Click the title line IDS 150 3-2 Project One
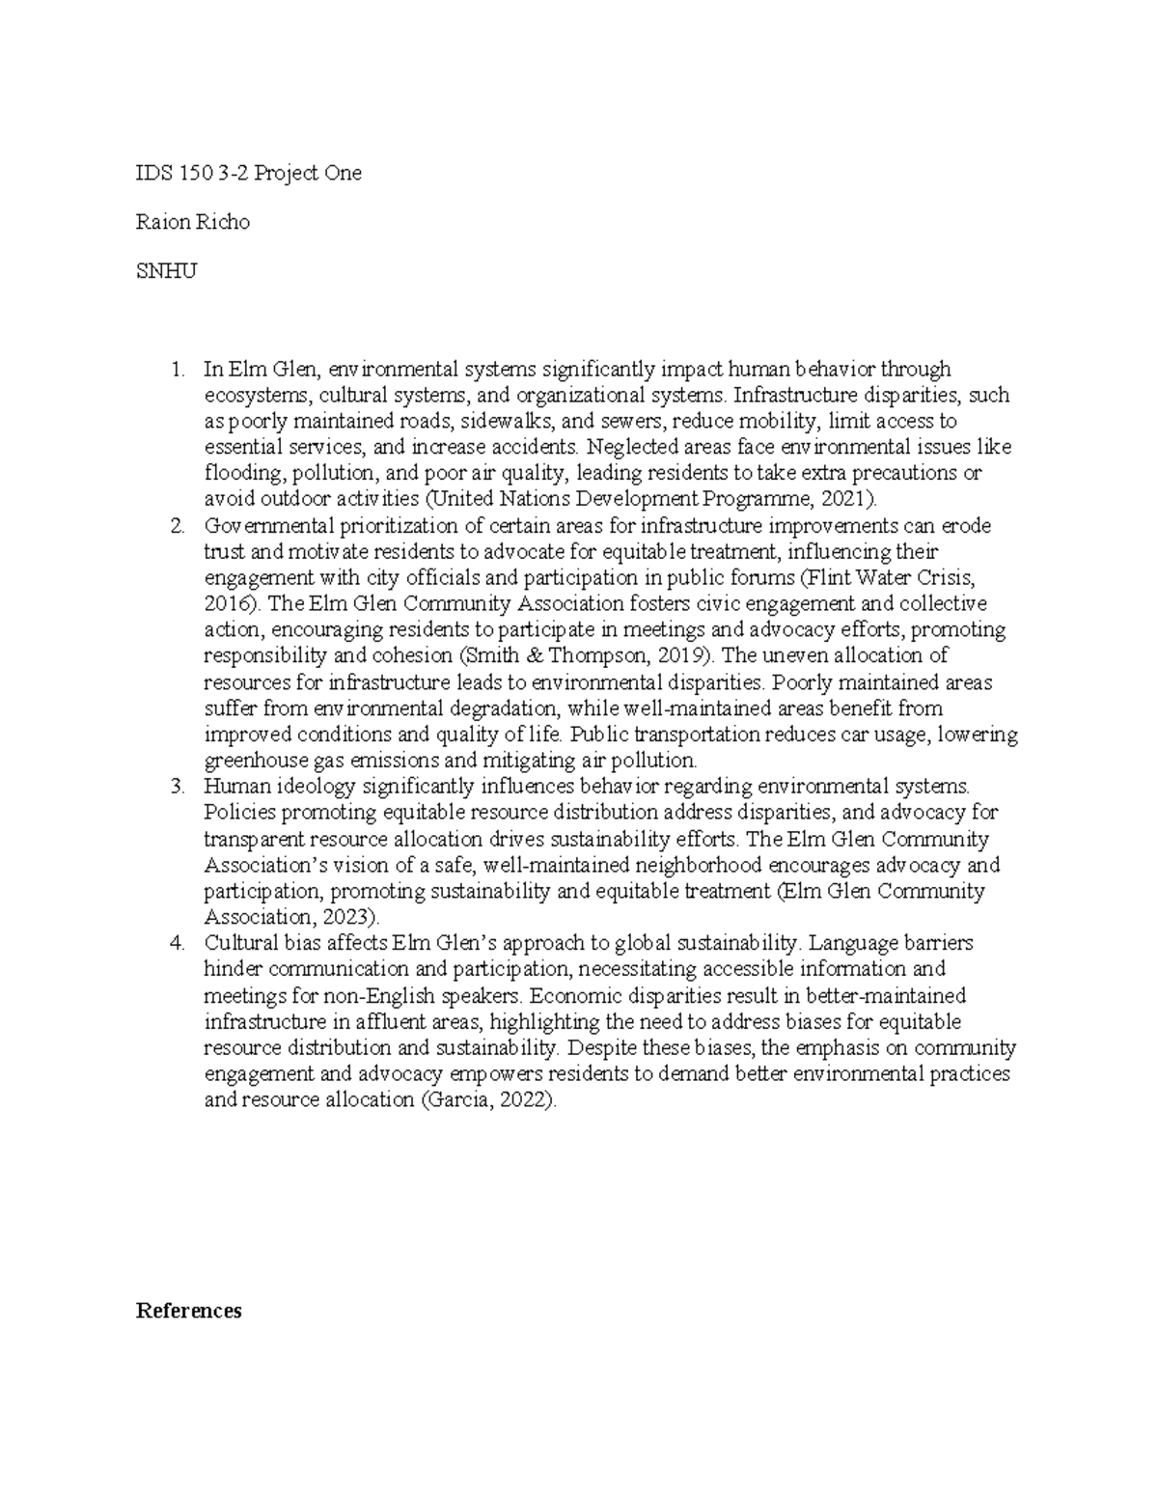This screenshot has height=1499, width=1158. (249, 174)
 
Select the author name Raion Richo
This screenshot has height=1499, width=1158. (193, 222)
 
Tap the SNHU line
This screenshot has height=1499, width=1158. (167, 271)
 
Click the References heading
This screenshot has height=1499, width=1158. (189, 1311)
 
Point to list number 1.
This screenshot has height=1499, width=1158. (175, 369)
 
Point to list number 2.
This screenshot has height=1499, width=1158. (175, 526)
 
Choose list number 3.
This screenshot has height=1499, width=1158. (175, 787)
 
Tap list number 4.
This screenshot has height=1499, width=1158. (175, 943)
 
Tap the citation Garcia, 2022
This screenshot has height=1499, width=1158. (489, 1100)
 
